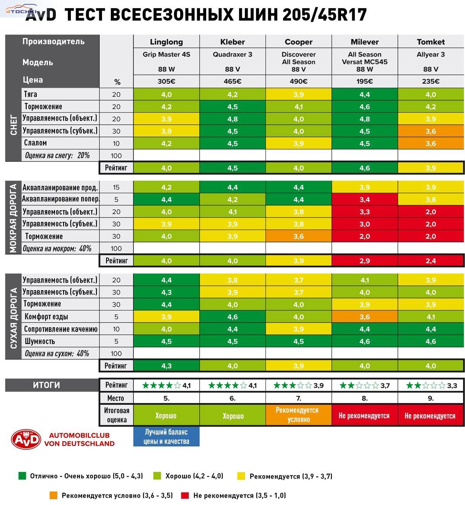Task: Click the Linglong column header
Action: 166,42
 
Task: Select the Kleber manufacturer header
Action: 232,42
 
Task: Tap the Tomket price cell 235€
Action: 431,81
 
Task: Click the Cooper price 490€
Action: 298,81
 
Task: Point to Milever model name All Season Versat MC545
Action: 365,58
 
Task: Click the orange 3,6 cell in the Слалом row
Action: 431,143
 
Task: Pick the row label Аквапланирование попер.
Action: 61,199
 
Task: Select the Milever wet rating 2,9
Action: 365,261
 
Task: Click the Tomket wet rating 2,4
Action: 431,261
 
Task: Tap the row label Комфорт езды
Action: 46,316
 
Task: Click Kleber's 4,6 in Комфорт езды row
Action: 232,317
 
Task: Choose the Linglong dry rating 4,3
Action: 166,366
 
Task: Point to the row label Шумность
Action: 40,341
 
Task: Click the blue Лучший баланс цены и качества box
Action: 166,436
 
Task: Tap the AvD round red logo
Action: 26,439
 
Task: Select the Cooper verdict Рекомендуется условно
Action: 298,415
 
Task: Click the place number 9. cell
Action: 431,398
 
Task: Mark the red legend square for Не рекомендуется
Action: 185,495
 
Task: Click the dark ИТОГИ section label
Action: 46,385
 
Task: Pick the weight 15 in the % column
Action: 116,187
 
